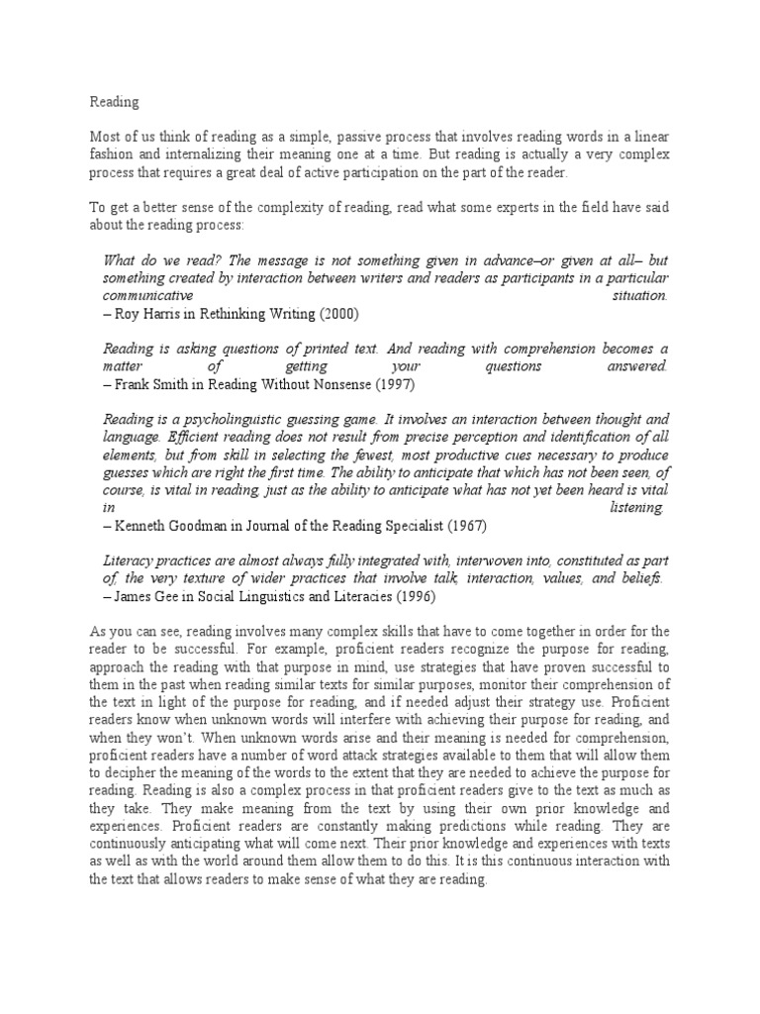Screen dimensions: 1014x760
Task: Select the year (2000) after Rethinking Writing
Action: point(339,314)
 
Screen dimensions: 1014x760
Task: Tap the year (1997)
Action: point(374,383)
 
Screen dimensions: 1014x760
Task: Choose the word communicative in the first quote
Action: point(147,296)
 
